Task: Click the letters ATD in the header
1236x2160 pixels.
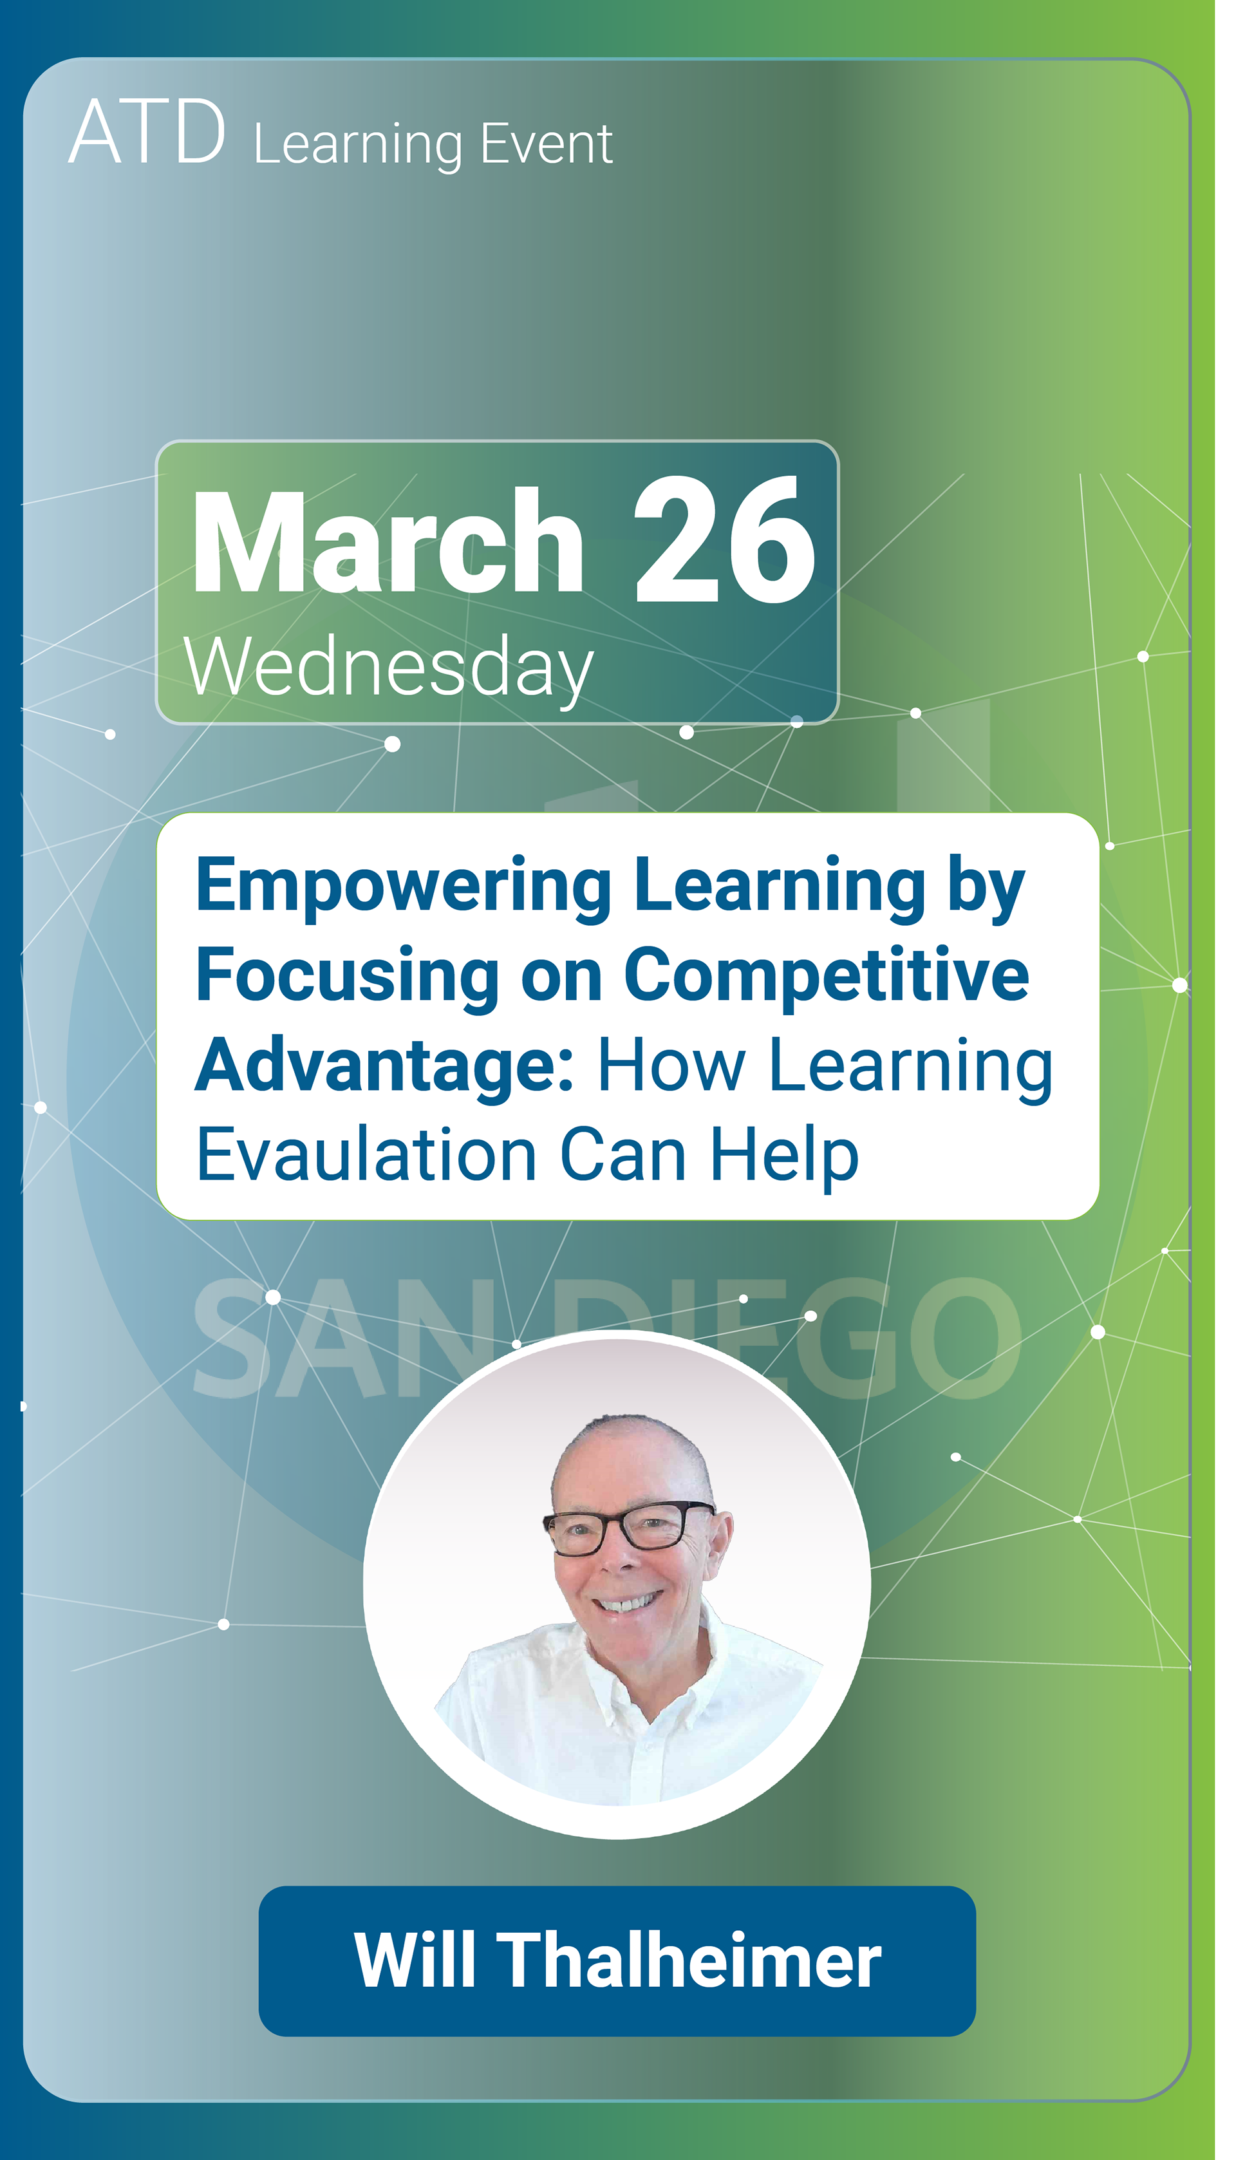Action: [147, 133]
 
